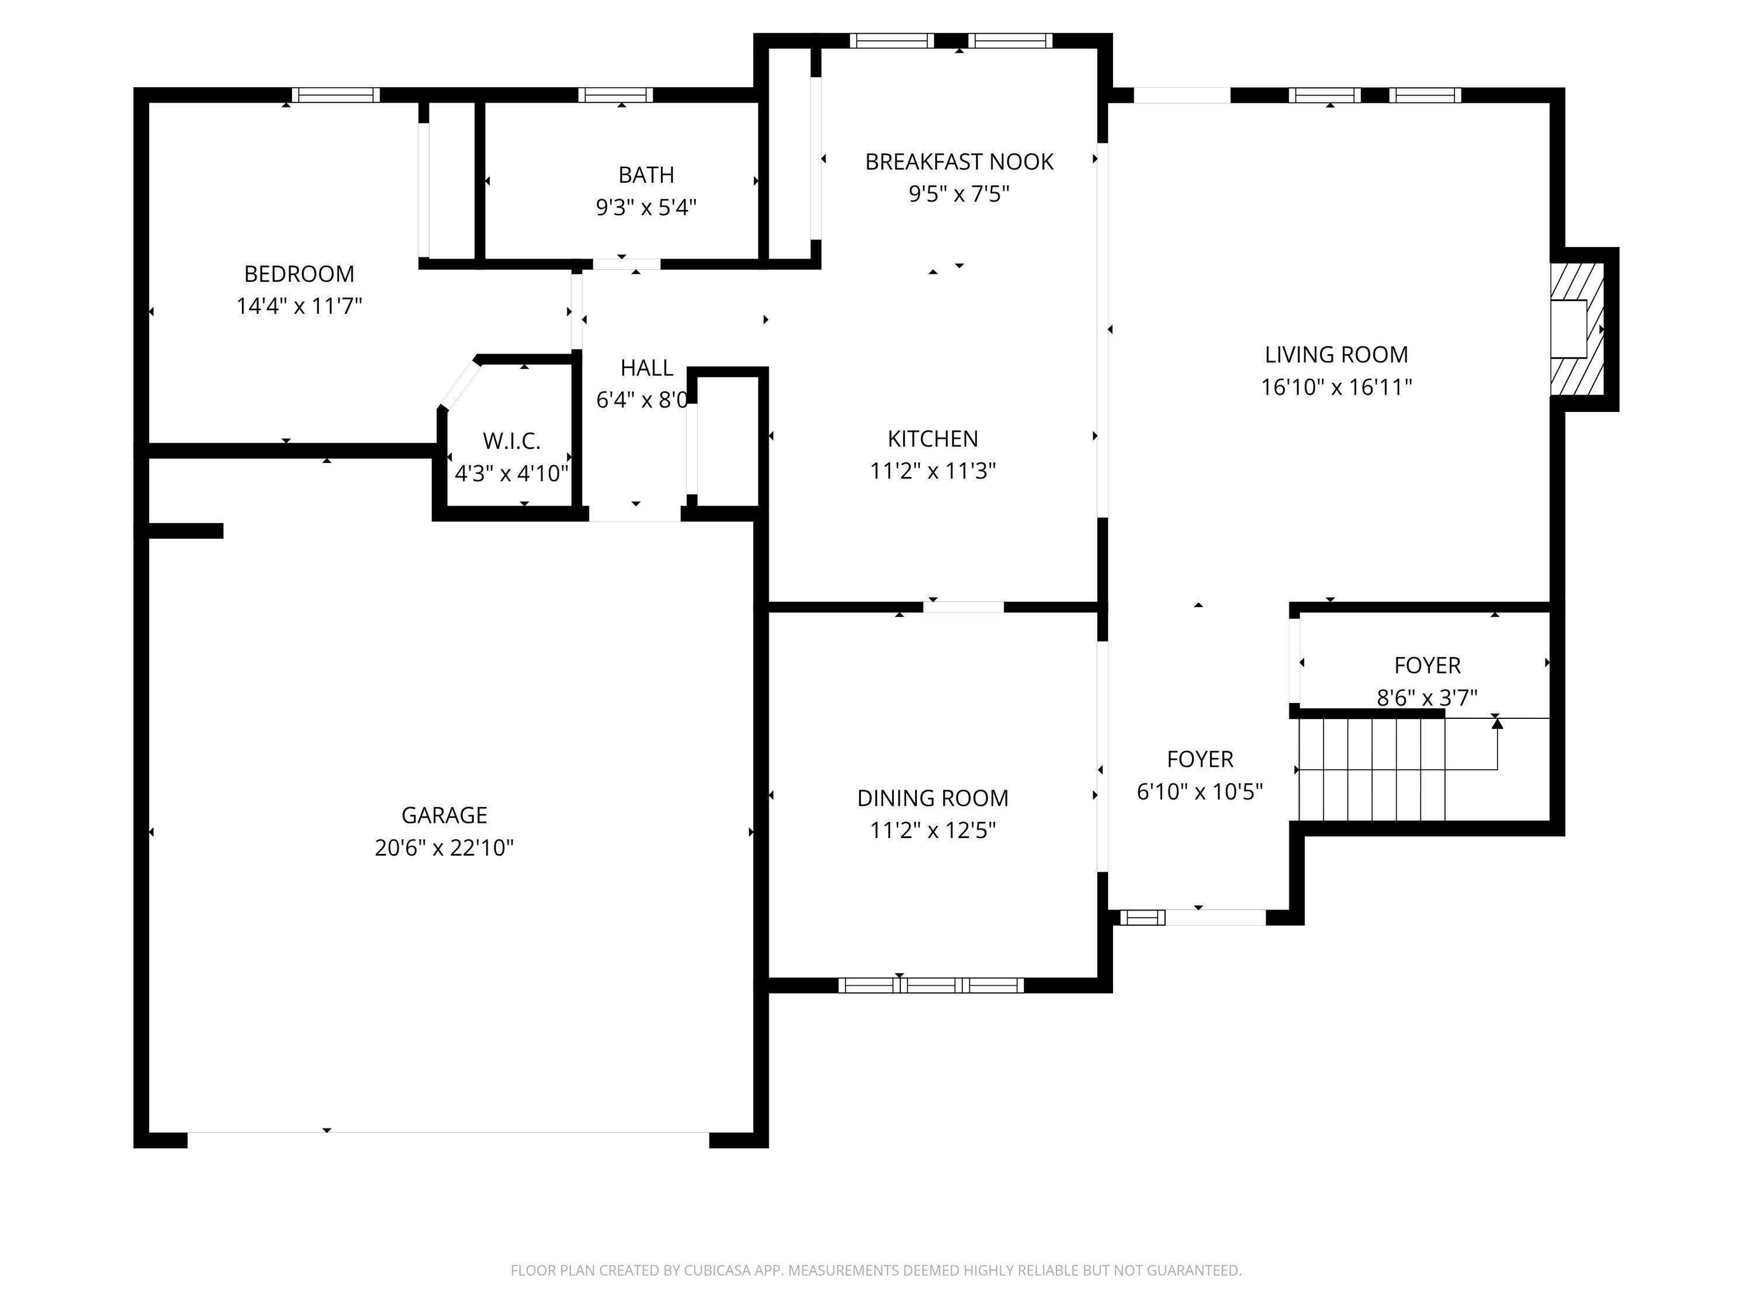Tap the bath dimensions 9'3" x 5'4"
646,207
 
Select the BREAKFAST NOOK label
959,162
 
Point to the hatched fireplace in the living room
1577,329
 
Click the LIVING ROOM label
1336,354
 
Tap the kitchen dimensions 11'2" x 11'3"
933,471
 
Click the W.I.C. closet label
511,441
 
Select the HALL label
647,368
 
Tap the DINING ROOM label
933,798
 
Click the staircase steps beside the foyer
1371,769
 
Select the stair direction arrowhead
1497,723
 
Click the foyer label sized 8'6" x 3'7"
1428,666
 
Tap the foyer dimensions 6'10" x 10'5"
1200,792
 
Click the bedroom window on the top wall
336,95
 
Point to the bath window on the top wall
616,95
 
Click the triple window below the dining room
931,985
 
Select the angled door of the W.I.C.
460,385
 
